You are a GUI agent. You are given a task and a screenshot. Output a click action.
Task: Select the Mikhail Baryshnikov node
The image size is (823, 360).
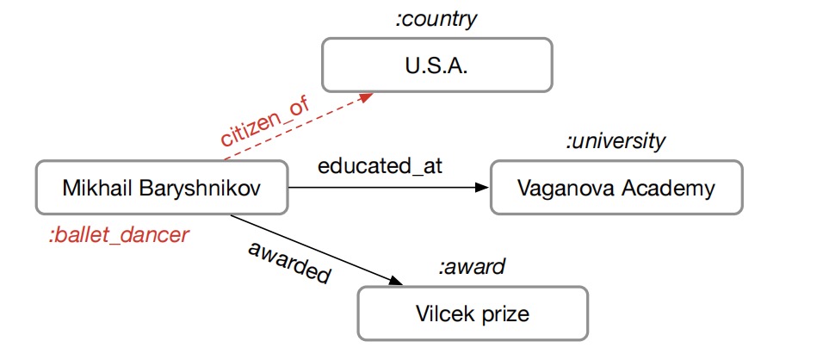[161, 188]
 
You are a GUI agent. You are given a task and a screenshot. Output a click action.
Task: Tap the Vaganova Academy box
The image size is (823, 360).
[616, 188]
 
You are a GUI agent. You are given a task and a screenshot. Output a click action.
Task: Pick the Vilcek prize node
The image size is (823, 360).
[473, 313]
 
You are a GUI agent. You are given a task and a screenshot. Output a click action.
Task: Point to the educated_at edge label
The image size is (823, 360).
[380, 166]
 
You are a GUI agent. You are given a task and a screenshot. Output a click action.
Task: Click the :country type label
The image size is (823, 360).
[435, 19]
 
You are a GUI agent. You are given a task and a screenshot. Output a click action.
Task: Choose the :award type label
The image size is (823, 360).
[471, 268]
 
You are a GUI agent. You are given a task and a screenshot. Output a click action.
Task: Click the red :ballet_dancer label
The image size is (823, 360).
[119, 234]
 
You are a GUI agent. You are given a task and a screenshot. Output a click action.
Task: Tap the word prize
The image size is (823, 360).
[504, 313]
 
